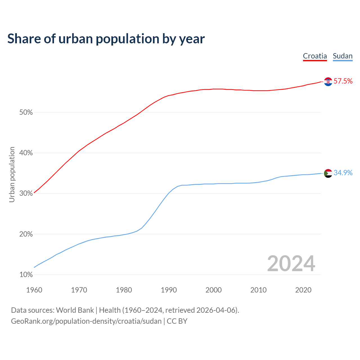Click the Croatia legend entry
[315, 56]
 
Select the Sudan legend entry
[343, 56]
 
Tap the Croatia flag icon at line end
[328, 82]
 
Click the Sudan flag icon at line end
[328, 173]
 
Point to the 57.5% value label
[343, 81]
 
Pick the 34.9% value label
[343, 173]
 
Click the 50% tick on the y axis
[26, 112]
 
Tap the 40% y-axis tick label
[26, 153]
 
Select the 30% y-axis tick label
[26, 193]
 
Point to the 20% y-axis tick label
[26, 234]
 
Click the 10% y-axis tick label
[26, 274]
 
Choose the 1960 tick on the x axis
[34, 290]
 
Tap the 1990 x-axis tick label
[169, 290]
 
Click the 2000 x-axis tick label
[214, 290]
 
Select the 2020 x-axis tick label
[303, 290]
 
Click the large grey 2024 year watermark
[291, 264]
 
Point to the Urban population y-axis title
[12, 174]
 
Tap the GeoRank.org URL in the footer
[86, 321]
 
